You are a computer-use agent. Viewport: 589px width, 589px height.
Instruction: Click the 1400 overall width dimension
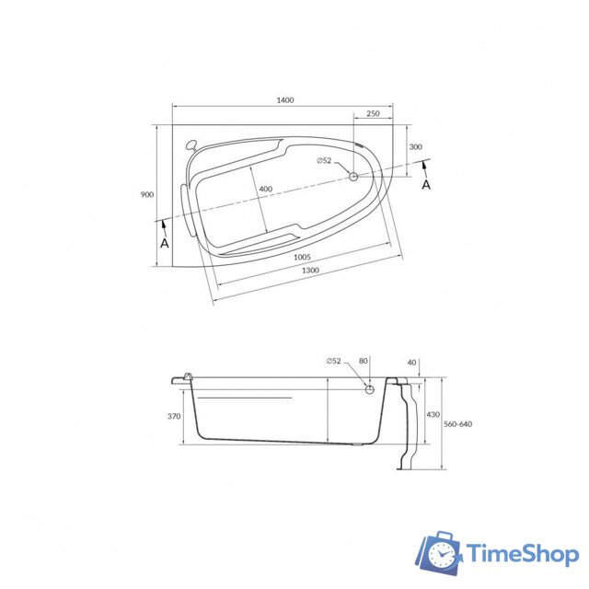(x=284, y=100)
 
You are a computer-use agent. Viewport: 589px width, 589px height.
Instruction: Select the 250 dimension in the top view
(x=373, y=113)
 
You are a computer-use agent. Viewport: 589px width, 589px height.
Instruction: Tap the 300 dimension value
(x=416, y=146)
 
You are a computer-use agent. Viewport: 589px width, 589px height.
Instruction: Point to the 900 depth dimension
(x=146, y=194)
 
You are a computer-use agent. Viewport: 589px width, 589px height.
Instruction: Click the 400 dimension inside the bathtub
(x=265, y=189)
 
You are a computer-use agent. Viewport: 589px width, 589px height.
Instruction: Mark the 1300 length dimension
(x=310, y=270)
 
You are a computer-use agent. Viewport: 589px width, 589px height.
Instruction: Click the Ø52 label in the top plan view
(x=324, y=161)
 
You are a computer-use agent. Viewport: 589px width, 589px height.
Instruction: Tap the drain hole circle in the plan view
(x=353, y=176)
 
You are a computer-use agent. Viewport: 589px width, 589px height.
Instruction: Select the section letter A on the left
(x=164, y=244)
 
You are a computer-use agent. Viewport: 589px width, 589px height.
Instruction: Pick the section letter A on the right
(x=425, y=184)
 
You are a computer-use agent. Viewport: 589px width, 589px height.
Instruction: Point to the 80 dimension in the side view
(x=363, y=361)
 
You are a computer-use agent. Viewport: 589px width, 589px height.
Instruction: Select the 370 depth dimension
(x=174, y=416)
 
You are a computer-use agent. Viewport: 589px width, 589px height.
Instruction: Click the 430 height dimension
(x=433, y=415)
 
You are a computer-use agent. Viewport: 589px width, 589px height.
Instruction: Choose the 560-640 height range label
(x=457, y=424)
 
